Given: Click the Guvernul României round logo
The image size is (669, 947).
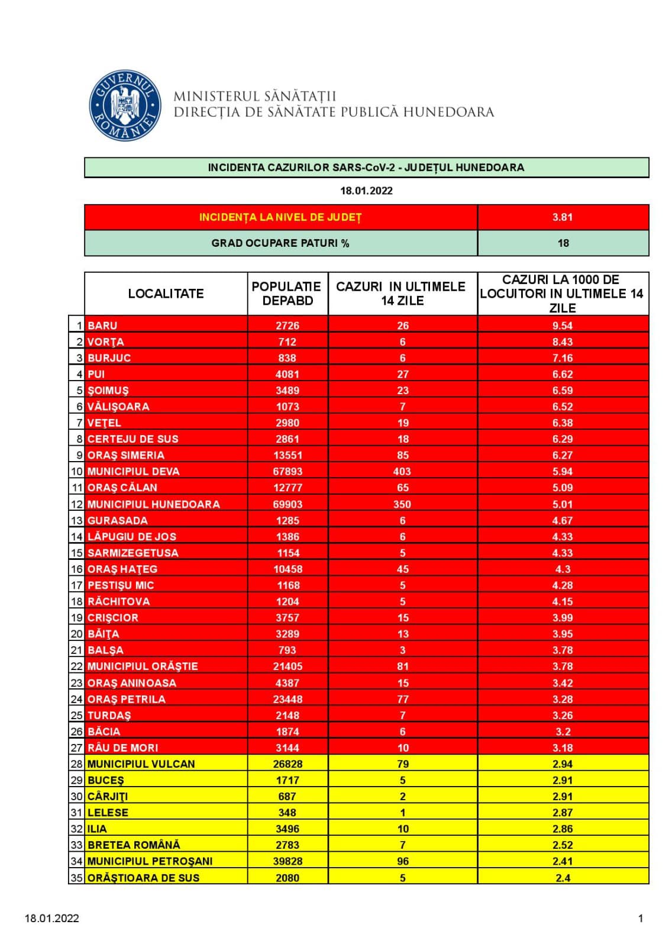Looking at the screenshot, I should tap(125, 105).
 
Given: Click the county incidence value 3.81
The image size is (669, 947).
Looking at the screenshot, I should tap(563, 217).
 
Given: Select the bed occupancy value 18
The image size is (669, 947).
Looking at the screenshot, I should tap(563, 243).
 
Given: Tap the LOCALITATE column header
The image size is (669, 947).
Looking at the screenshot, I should tap(166, 294).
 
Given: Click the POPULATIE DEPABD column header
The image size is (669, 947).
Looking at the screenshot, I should tap(287, 294).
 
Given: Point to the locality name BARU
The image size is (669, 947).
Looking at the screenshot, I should tap(102, 326).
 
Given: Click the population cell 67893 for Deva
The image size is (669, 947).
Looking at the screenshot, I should tap(287, 472).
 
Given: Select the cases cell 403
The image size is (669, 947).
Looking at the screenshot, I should tap(402, 472).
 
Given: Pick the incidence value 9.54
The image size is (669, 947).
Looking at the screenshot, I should tap(563, 326).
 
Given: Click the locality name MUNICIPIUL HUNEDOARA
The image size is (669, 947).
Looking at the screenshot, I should tap(153, 504).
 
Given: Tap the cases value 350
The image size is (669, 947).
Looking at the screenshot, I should tap(402, 504).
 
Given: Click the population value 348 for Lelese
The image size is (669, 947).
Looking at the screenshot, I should tap(287, 813).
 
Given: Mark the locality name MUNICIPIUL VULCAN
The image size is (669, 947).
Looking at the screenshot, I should tap(141, 764).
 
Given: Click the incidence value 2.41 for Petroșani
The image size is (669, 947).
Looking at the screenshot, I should tap(563, 861).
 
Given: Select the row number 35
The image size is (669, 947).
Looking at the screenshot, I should tap(77, 878).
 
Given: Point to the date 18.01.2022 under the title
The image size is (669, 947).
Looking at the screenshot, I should tap(366, 191).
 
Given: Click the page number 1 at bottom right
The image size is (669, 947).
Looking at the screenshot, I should tap(641, 919).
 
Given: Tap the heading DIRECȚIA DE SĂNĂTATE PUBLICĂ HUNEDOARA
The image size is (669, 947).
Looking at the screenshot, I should tap(334, 112).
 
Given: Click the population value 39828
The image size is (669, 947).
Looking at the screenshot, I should tap(287, 861).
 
